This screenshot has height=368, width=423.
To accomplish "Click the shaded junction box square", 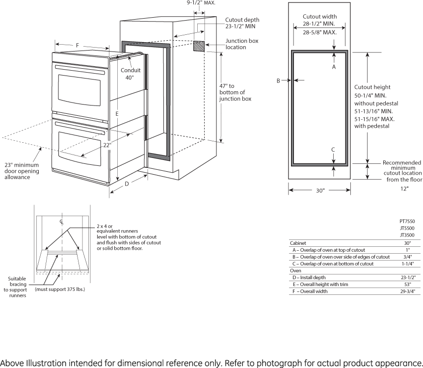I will (x=199, y=46).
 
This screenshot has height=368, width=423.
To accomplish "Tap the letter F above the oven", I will (x=78, y=46).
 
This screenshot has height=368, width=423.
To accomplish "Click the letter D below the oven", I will (x=127, y=184).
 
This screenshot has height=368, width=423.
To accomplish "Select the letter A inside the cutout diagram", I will (x=334, y=67).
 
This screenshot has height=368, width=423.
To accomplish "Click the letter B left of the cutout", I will (x=278, y=80).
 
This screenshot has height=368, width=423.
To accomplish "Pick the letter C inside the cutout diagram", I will (x=333, y=149).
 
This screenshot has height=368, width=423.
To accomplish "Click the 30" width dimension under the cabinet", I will (x=319, y=190).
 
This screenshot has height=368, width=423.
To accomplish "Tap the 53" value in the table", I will (x=406, y=285).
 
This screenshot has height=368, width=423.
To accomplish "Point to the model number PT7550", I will (x=407, y=221).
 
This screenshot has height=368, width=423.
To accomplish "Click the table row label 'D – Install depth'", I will (x=309, y=278).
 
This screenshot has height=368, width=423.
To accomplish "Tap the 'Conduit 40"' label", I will (x=131, y=74).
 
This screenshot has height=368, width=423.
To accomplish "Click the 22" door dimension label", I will (x=107, y=145).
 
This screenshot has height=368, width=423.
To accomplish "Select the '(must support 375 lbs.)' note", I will (x=60, y=289).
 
